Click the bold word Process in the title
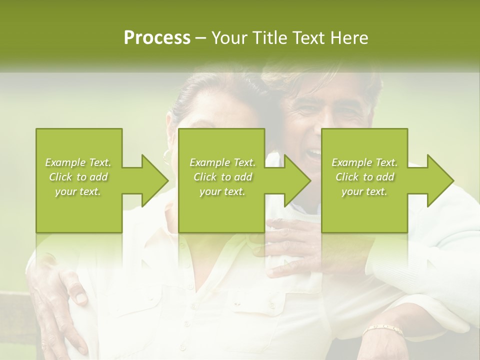pos(157,38)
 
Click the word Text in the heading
pos(308,38)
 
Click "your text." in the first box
pos(78,191)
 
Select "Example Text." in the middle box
pos(222,162)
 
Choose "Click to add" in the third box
pos(364,177)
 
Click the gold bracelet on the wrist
pos(383,330)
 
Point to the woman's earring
pos(167,156)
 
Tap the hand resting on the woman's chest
pos(295,250)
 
